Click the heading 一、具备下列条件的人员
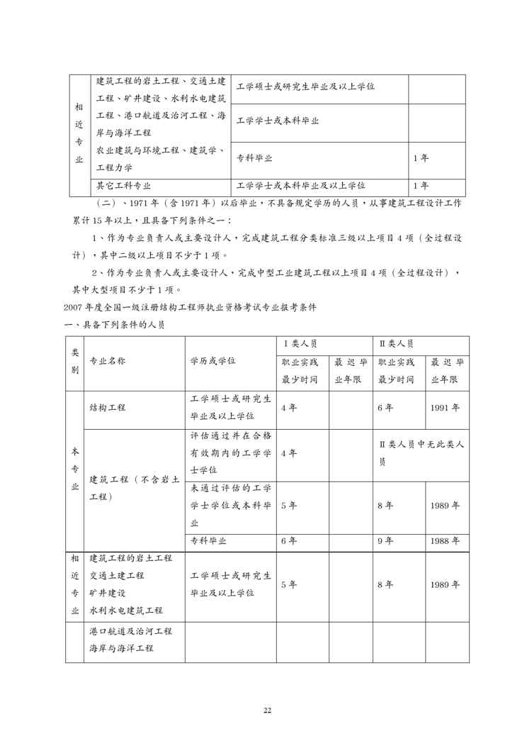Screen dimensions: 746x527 click(x=115, y=324)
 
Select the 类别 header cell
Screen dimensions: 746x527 click(x=74, y=361)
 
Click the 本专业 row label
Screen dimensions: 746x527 click(x=74, y=469)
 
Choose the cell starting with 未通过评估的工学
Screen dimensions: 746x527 click(x=231, y=506)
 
